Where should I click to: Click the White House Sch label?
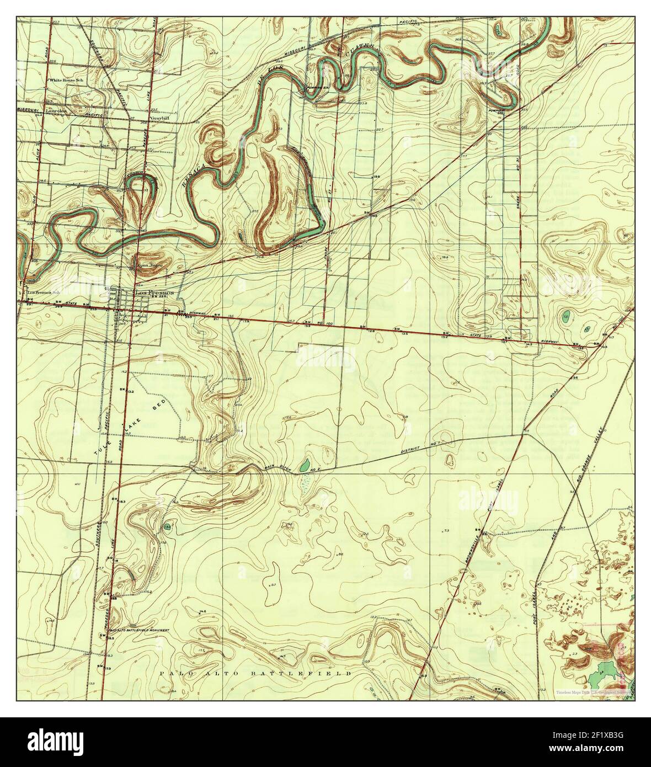[x=67, y=80]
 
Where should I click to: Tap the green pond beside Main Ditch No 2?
[x=304, y=465]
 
